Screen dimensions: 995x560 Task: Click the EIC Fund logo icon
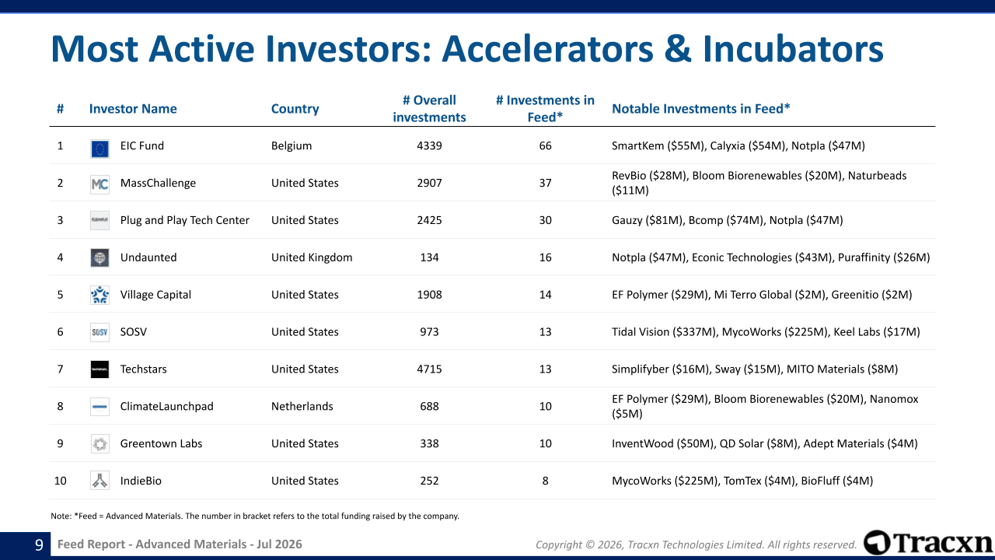[x=99, y=149]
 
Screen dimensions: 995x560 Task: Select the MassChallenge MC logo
[x=99, y=184]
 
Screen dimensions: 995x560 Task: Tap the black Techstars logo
[x=99, y=369]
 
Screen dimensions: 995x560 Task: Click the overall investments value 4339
[x=429, y=145]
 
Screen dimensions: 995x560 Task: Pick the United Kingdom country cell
[x=312, y=257]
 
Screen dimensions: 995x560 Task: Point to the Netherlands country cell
[x=302, y=406]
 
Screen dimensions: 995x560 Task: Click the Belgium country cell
[x=292, y=145]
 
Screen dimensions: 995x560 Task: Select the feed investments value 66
[x=545, y=145]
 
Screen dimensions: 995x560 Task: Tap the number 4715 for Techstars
[x=429, y=369]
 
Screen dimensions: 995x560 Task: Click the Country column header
[x=295, y=109]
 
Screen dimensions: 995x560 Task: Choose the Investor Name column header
[x=133, y=109]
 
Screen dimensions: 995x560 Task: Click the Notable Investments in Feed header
[x=701, y=108]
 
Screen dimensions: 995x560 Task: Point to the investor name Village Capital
[x=155, y=295]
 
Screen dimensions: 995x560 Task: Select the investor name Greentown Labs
[x=161, y=443]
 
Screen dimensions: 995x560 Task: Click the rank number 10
[x=60, y=481]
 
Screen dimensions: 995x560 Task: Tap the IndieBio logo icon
[x=99, y=481]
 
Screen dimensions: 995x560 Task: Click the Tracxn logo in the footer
[x=928, y=543]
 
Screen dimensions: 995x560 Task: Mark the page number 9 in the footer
[x=39, y=544]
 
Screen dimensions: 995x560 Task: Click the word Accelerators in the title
[x=547, y=48]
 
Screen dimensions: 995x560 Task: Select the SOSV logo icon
[x=99, y=332]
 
